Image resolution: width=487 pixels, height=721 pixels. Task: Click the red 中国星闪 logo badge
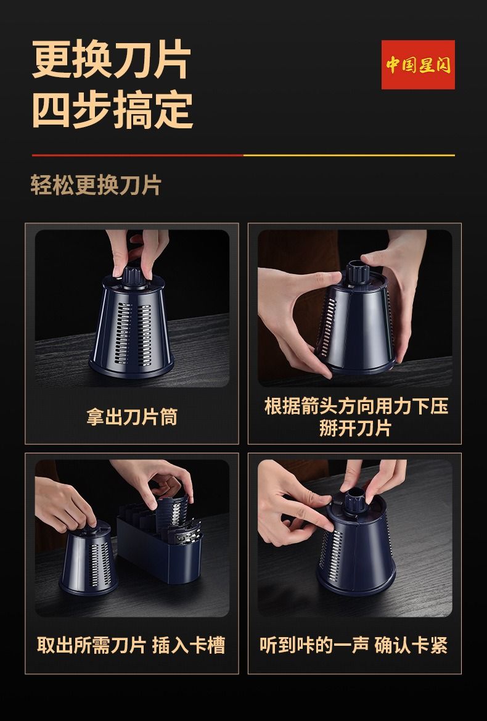(418, 65)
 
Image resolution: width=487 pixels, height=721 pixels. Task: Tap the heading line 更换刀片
(111, 60)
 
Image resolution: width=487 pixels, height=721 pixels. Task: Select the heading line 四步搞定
(112, 109)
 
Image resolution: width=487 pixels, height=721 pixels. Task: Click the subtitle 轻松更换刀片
(96, 185)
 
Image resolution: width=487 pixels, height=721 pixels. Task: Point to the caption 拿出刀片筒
(132, 417)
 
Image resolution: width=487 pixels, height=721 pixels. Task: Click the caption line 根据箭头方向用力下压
(356, 406)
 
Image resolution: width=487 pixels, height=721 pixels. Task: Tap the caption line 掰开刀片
(355, 428)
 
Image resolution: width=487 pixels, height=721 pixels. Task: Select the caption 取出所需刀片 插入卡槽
(131, 645)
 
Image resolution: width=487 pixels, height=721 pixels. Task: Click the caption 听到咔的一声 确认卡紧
(354, 645)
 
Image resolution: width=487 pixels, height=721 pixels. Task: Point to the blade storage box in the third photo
(160, 546)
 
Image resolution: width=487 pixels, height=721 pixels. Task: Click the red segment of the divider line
(137, 155)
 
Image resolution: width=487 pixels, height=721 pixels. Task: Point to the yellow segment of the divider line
(349, 155)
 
